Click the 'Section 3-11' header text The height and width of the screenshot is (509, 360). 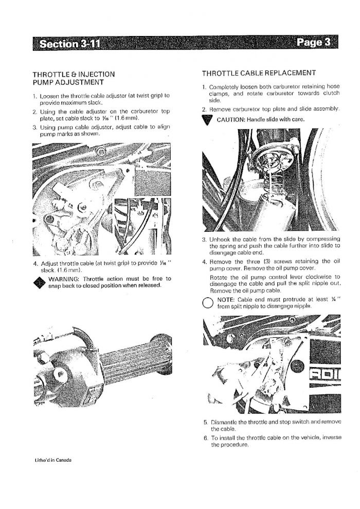pos(70,44)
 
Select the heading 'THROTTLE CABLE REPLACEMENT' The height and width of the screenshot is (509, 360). pos(259,73)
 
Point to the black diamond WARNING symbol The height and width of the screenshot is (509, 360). pos(40,283)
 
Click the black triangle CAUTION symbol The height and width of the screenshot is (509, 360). pos(207,120)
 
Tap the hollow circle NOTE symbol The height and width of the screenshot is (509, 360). pos(207,302)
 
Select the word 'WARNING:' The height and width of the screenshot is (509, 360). pos(64,279)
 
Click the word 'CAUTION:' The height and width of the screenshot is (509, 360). pos(231,119)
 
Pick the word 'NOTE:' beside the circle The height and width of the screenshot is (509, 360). pos(226,300)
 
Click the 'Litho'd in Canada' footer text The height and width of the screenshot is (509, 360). pos(53,460)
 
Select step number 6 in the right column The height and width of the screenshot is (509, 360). pos(206,438)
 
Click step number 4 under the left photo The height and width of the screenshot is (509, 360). pos(35,263)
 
